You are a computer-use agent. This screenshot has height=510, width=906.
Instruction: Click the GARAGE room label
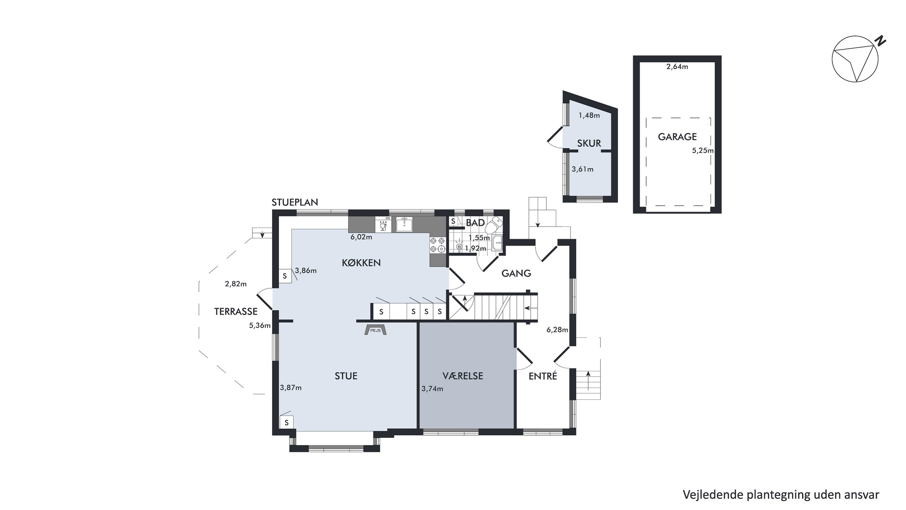click(x=677, y=137)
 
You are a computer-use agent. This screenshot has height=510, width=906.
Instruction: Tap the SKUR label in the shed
click(x=589, y=143)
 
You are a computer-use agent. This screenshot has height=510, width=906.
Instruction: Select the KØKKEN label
click(x=361, y=263)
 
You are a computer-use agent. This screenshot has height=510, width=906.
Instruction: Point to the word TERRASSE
click(x=236, y=311)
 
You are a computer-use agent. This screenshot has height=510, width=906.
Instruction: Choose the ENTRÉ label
click(x=543, y=376)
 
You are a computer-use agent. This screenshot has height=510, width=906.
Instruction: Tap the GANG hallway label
click(x=516, y=273)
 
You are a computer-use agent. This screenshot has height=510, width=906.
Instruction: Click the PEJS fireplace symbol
click(x=375, y=330)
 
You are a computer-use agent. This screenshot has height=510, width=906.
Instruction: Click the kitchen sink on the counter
click(x=404, y=224)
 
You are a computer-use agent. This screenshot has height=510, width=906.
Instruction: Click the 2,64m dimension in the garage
click(x=677, y=67)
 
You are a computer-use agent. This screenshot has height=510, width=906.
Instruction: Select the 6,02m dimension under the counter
click(x=361, y=237)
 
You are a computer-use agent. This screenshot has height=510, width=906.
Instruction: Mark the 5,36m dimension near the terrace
click(x=260, y=325)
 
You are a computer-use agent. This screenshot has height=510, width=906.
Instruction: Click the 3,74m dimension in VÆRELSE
click(x=432, y=388)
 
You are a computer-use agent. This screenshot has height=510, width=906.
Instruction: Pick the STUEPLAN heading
click(x=295, y=202)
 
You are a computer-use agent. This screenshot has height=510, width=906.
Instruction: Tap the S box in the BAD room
click(x=453, y=221)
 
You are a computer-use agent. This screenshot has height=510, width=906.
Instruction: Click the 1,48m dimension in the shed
click(x=589, y=115)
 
